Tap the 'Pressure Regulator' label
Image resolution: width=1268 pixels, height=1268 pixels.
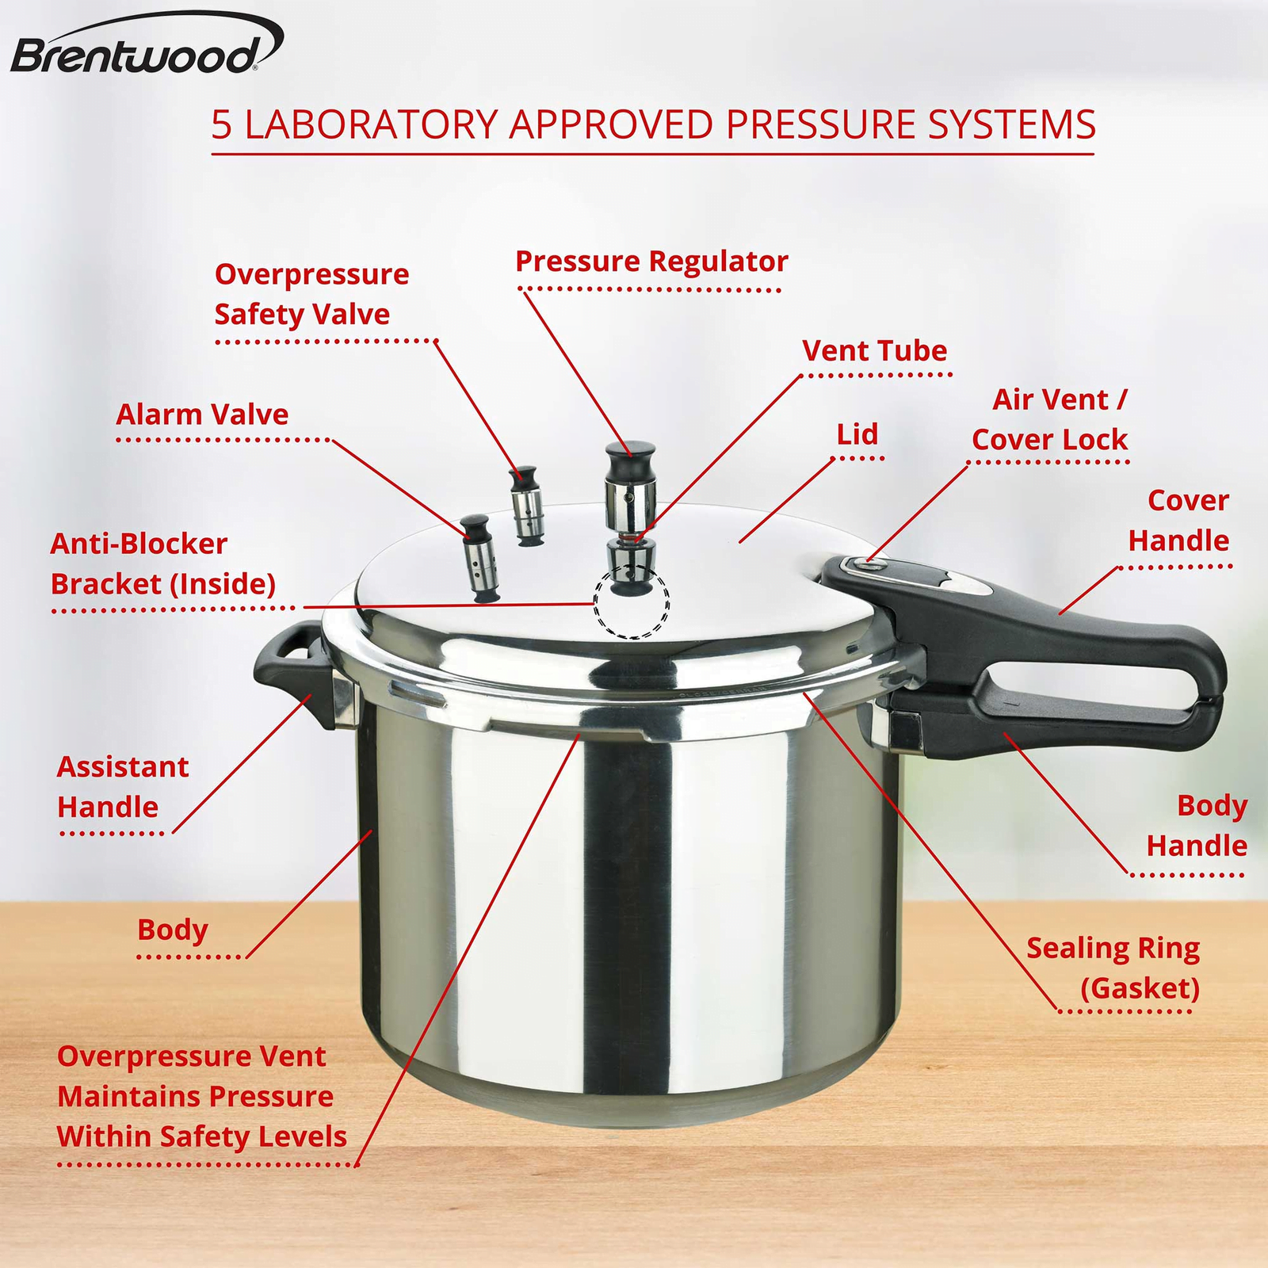651,262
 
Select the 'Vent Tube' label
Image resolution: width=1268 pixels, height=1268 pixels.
875,351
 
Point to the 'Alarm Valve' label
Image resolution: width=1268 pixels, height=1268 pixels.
202,414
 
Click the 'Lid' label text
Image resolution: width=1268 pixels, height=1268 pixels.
857,434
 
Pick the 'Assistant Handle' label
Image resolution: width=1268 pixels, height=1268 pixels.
123,787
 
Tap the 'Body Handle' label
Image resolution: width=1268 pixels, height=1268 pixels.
1197,826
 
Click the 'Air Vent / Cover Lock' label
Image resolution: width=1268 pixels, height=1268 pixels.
1049,419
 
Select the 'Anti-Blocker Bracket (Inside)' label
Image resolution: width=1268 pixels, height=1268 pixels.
163,563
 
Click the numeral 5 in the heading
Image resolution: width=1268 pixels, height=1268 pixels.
222,124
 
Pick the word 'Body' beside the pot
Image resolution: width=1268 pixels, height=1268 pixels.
172,930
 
